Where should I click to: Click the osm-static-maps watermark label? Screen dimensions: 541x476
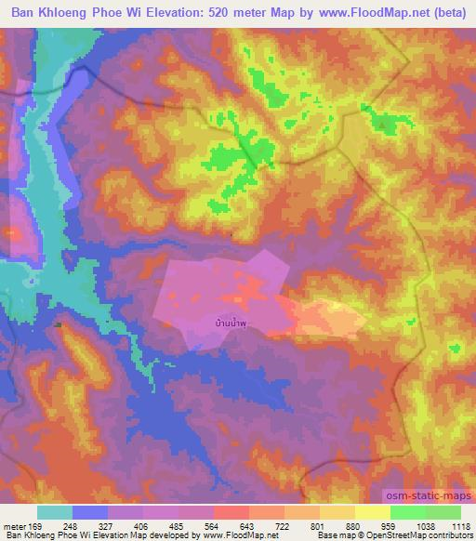tap(428, 497)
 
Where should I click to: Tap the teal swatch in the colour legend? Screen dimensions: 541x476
tap(55, 512)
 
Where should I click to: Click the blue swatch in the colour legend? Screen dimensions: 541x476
tap(90, 512)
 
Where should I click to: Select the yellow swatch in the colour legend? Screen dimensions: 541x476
tap(373, 512)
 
